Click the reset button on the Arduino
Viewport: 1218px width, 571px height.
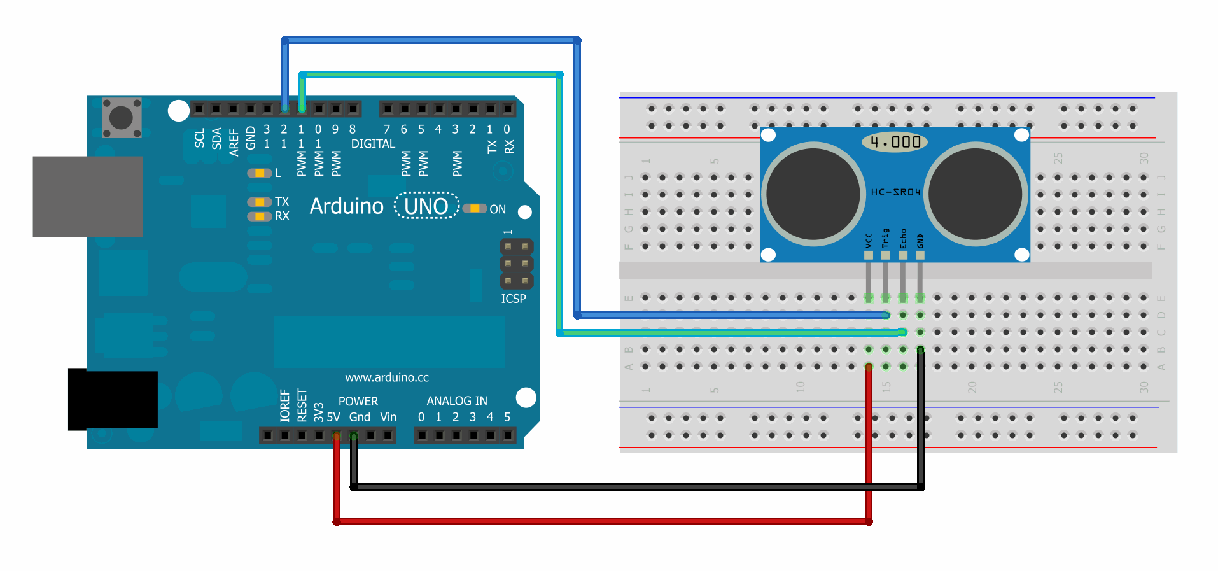pos(122,118)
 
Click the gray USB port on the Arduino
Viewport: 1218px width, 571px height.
pos(87,197)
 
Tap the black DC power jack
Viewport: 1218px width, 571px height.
pos(113,400)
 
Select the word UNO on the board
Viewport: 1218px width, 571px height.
pos(426,206)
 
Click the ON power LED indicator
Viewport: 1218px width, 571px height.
pos(474,209)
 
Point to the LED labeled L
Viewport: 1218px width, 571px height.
pos(259,173)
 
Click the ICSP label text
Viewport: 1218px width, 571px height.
pos(513,299)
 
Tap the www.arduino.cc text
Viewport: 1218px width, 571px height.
pos(387,377)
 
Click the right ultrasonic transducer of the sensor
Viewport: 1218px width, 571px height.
pos(975,194)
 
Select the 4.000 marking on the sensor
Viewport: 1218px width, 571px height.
pos(895,142)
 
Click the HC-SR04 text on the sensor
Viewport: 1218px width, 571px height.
pos(895,192)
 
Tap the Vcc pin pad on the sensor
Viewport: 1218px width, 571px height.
pos(868,255)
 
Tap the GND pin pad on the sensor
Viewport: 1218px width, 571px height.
pos(920,255)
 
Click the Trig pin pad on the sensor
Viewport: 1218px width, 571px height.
pos(885,255)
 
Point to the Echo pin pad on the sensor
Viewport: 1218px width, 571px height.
pos(902,255)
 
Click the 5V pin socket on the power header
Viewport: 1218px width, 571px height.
pos(336,435)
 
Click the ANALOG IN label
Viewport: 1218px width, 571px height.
pos(456,401)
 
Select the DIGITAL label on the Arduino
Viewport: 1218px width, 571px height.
pos(373,144)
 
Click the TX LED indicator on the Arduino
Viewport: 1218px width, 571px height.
pos(259,202)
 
